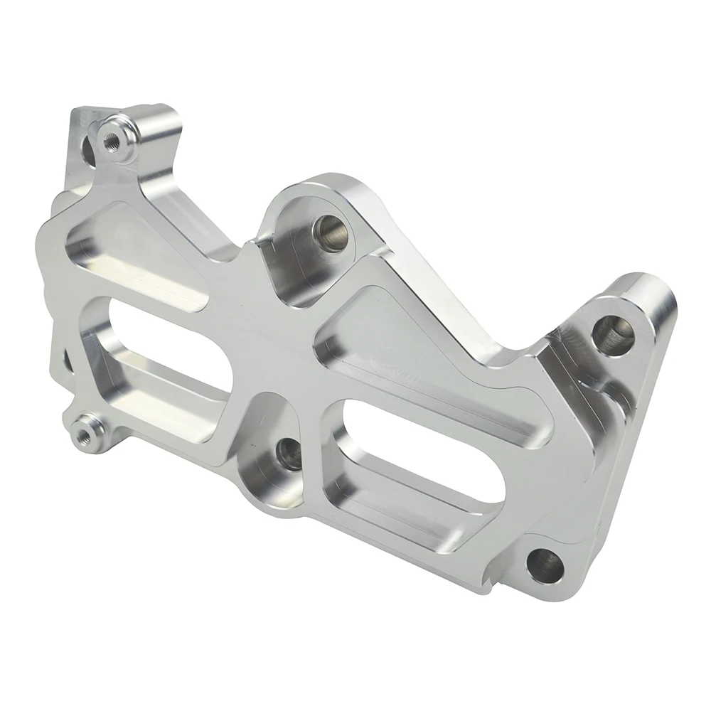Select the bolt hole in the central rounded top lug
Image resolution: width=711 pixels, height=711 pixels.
coord(329,230)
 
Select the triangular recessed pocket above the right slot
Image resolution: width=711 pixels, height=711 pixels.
coord(405,334)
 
